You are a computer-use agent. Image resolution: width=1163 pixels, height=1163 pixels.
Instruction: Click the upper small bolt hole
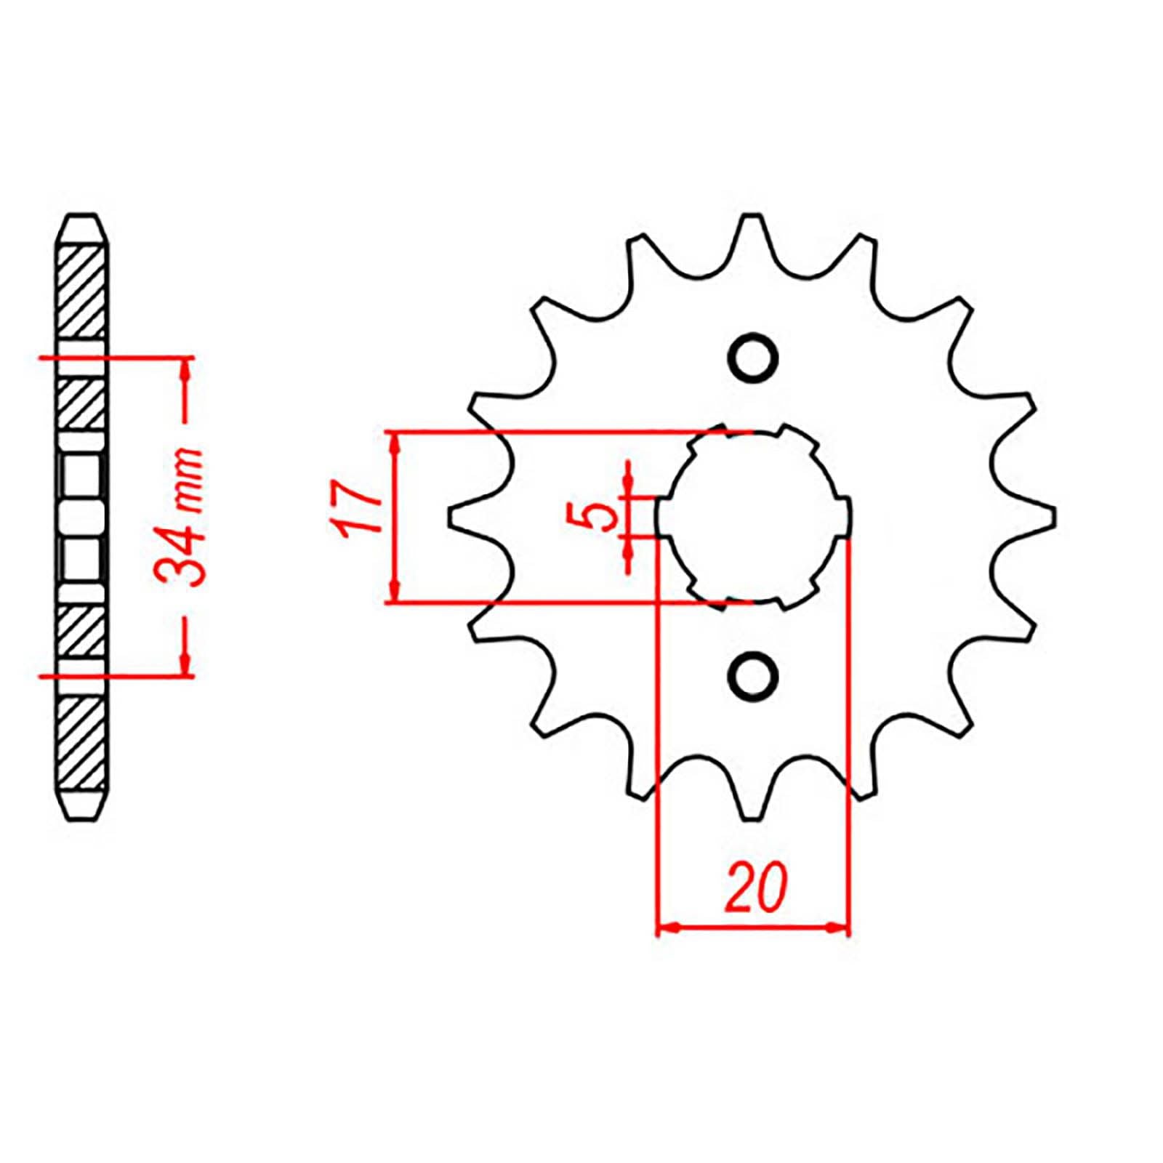coord(753,358)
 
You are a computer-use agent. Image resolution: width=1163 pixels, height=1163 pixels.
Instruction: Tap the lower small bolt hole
coord(753,675)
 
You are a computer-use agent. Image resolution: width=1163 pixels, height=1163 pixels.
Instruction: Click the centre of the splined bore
coord(753,517)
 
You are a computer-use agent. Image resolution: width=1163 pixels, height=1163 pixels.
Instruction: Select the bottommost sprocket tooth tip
coord(753,818)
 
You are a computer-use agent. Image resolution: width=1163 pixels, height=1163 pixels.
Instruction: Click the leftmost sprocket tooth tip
coord(452,517)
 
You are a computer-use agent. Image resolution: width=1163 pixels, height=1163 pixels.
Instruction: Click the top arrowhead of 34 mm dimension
coord(187,366)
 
